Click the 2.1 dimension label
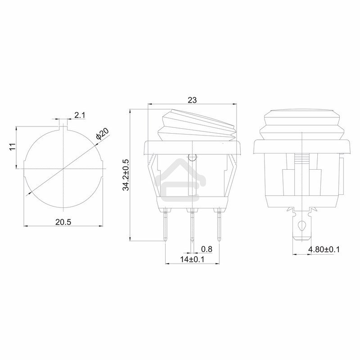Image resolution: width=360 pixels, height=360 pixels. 80,115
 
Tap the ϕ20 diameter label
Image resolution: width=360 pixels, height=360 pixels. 102,134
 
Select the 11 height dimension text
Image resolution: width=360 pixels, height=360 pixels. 13,147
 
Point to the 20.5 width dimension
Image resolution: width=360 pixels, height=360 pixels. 63,222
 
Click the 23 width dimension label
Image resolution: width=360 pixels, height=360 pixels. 192,100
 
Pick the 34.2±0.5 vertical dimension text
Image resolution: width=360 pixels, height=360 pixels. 126,175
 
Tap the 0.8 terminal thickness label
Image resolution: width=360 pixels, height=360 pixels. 207,249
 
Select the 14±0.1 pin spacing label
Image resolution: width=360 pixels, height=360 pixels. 192,259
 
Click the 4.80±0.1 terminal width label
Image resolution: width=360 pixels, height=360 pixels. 324,249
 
